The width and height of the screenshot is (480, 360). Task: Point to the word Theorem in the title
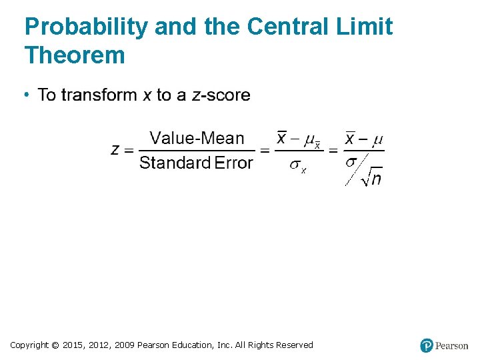click(x=75, y=55)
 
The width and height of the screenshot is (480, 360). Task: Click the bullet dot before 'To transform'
click(x=27, y=95)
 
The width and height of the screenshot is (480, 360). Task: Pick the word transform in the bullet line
click(x=100, y=95)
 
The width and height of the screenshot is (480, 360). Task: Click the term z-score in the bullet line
click(x=221, y=95)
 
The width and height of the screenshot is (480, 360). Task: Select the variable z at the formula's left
click(x=115, y=149)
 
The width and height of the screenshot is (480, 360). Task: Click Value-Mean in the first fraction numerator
click(x=197, y=138)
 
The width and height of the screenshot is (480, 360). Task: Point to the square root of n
click(x=371, y=177)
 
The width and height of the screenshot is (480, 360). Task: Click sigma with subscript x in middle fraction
click(x=297, y=166)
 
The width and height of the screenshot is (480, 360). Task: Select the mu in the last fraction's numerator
click(x=377, y=139)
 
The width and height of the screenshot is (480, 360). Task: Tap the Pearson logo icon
click(x=427, y=345)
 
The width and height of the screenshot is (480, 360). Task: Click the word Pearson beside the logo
click(x=452, y=345)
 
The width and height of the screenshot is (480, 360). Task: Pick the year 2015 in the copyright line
click(x=73, y=345)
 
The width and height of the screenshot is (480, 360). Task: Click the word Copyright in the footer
click(x=29, y=345)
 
